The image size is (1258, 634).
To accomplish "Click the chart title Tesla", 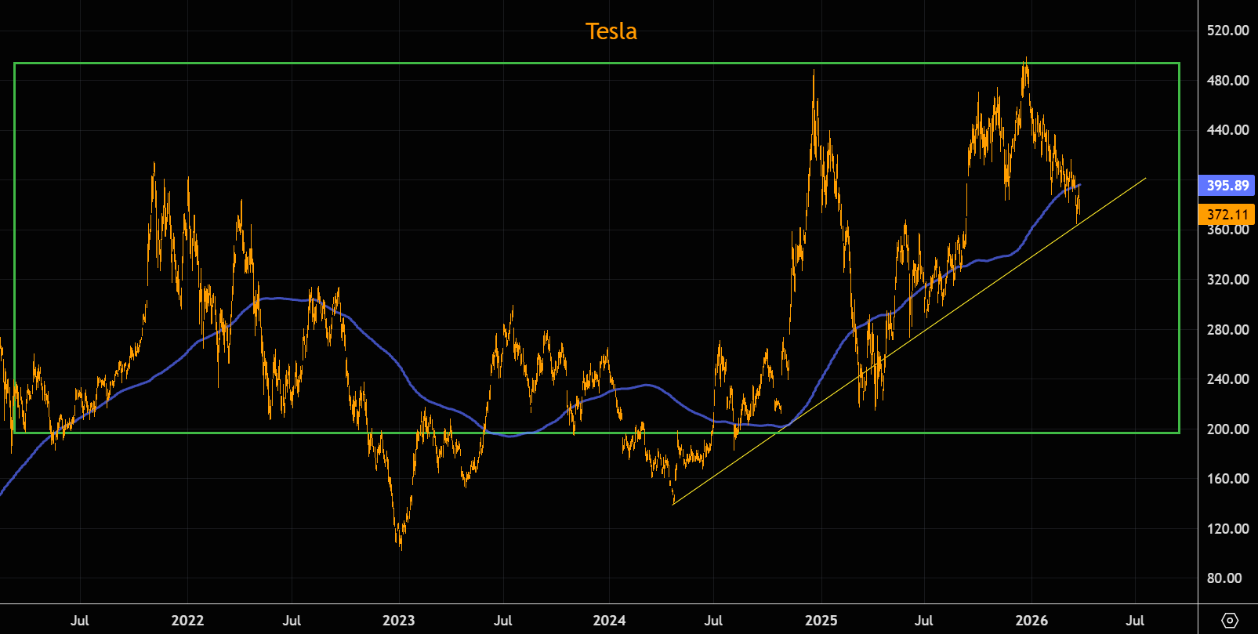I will [x=611, y=31].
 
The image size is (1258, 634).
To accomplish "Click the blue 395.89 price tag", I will [x=1227, y=186].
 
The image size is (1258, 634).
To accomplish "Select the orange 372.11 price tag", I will [x=1227, y=214].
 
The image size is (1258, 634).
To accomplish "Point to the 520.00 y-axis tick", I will [x=1228, y=31].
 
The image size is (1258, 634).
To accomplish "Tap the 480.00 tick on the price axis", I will [x=1228, y=80].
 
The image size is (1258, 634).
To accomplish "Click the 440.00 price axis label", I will [x=1228, y=130].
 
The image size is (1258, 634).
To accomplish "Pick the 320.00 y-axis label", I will [x=1228, y=279].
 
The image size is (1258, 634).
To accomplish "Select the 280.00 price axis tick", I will [x=1228, y=329].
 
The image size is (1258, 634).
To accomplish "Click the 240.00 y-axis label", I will [x=1228, y=379].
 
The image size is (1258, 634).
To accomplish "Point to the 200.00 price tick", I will [x=1228, y=429].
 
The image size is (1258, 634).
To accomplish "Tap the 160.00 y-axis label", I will [x=1228, y=478].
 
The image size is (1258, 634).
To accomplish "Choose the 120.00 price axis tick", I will [x=1228, y=528].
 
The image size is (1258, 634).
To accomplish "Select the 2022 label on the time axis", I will [x=187, y=621].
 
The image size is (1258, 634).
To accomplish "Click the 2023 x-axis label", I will [x=398, y=621].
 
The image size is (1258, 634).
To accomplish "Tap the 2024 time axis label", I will [x=609, y=621].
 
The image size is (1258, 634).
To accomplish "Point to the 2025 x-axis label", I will [x=821, y=621].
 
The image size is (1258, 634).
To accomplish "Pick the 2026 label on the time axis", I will [x=1031, y=621].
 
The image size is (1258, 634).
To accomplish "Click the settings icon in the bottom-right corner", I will [x=1230, y=621].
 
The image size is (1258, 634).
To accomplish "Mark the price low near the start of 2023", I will [x=401, y=548].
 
